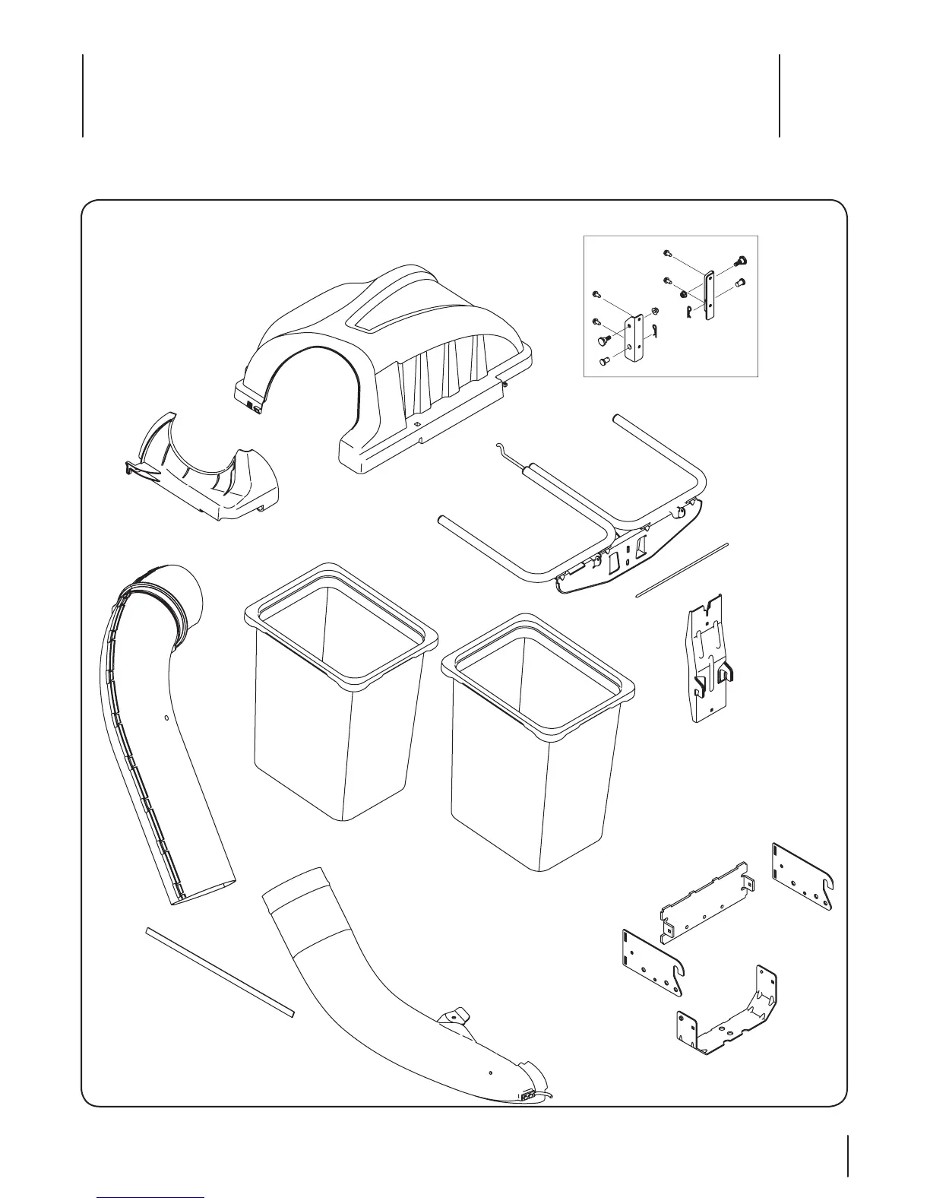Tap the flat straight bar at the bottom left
click(220, 971)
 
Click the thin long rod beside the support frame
click(682, 570)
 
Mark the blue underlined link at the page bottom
click(151, 1198)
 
